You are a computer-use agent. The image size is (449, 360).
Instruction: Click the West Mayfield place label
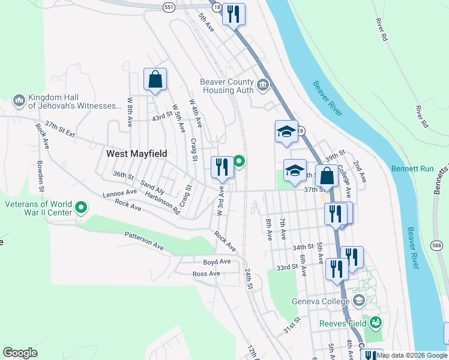coord(136,154)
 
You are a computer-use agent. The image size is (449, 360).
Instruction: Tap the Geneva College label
coord(312,301)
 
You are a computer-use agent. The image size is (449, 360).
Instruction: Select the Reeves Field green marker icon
coord(376,323)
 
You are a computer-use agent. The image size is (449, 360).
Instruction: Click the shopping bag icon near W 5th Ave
coord(155,79)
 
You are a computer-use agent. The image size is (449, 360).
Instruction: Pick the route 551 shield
coord(169,6)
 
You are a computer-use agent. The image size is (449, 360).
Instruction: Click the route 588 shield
coord(437,245)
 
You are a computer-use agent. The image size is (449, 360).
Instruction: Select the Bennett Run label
coord(412,169)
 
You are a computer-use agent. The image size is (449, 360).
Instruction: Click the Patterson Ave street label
coord(144,241)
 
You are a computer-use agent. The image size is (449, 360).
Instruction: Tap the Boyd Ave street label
coord(217,262)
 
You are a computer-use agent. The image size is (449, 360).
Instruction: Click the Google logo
coord(20,353)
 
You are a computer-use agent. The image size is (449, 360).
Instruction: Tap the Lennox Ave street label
coord(120,193)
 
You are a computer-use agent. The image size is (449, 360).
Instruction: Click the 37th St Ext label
coord(59,131)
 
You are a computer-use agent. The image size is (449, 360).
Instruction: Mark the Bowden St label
coord(41,173)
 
